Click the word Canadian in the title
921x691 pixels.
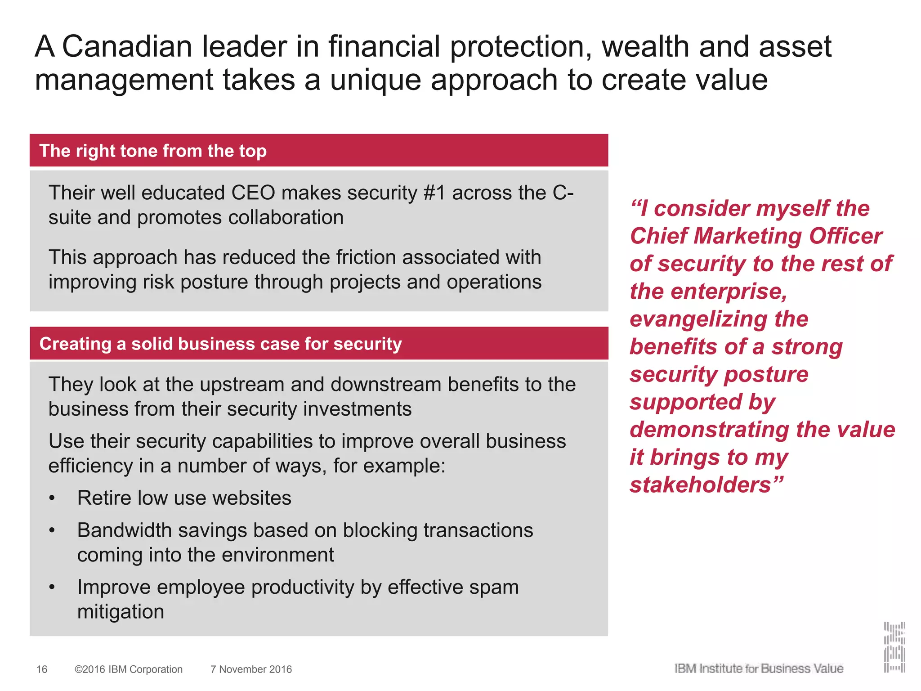pyautogui.click(x=127, y=47)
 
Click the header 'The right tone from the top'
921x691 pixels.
pyautogui.click(x=153, y=151)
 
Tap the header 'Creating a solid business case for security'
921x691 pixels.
pyautogui.click(x=220, y=344)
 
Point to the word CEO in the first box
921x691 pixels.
pyautogui.click(x=253, y=193)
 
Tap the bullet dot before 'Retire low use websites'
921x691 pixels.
pyautogui.click(x=53, y=498)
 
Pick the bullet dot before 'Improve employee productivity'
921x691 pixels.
pyautogui.click(x=53, y=588)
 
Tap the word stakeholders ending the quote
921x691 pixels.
pyautogui.click(x=701, y=485)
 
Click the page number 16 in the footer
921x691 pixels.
pyautogui.click(x=42, y=669)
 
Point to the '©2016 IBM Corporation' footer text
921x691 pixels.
pyautogui.click(x=129, y=669)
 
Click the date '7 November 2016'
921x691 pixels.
pyautogui.click(x=251, y=669)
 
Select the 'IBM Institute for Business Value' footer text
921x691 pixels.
pyautogui.click(x=759, y=669)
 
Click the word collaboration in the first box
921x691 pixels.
pyautogui.click(x=285, y=218)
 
